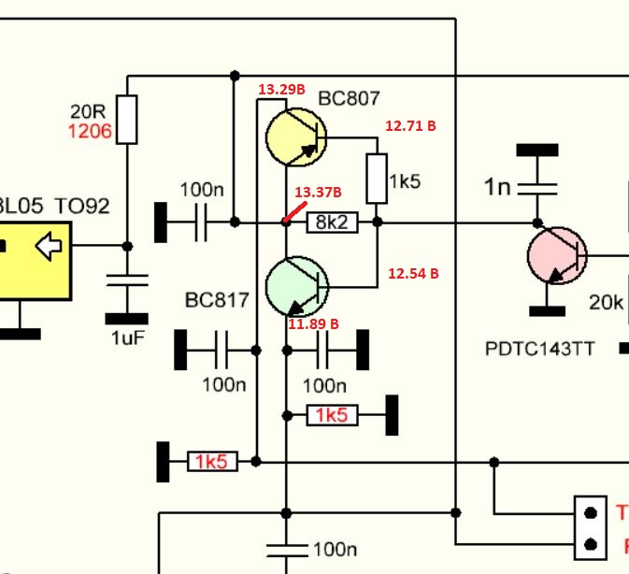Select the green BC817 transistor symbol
(x=296, y=287)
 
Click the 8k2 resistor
(x=332, y=222)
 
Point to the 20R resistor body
(x=127, y=120)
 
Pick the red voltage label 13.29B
(x=281, y=90)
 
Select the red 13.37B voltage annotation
(x=318, y=193)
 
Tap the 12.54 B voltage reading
(x=413, y=274)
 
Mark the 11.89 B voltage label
(x=313, y=324)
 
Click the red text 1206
(x=90, y=132)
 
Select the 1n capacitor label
(x=497, y=187)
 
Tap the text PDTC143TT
(x=539, y=349)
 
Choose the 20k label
(x=606, y=302)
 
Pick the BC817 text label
(x=217, y=300)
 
